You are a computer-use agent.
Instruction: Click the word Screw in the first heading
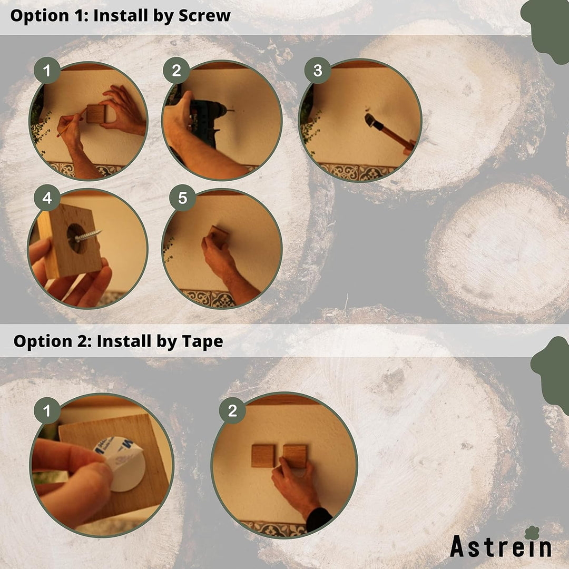[x=204, y=15]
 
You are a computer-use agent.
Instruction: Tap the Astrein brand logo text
[x=501, y=547]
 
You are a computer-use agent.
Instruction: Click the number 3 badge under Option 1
[x=317, y=71]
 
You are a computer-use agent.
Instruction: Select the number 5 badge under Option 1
[x=182, y=198]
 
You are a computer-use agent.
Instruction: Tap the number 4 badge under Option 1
[x=47, y=199]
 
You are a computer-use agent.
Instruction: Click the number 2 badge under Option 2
[x=232, y=410]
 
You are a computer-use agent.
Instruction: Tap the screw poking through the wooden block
[x=87, y=236]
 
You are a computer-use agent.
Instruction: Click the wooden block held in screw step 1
[x=96, y=113]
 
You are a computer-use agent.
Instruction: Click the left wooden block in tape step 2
[x=263, y=456]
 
